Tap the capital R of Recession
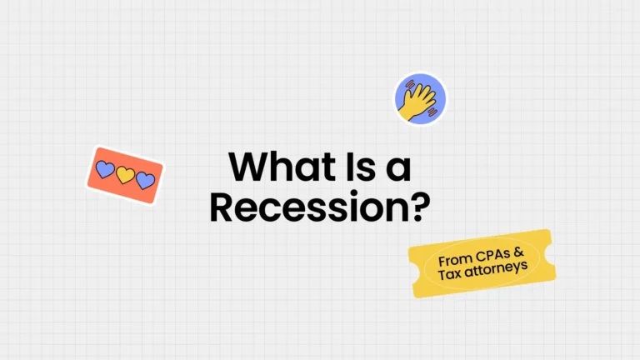(x=222, y=205)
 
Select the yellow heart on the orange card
(x=125, y=175)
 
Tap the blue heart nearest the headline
(x=145, y=180)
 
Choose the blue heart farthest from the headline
(x=105, y=170)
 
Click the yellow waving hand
(x=419, y=100)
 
